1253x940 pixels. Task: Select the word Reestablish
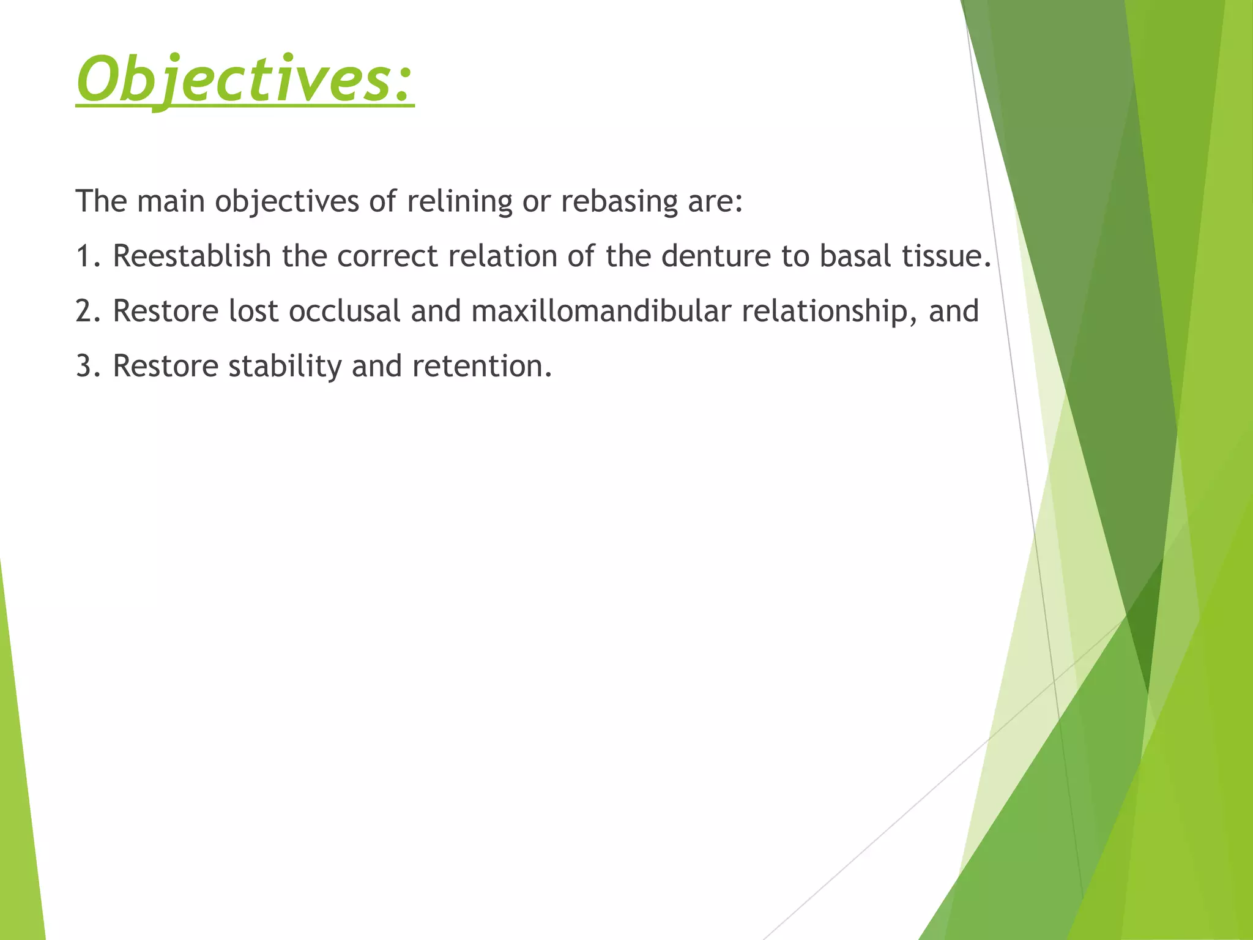coord(191,256)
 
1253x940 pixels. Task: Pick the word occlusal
coord(344,311)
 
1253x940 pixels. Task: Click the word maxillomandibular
coord(601,311)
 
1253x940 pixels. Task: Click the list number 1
coord(84,256)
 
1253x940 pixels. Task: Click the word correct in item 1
coord(387,256)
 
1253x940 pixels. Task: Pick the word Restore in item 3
coord(165,366)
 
